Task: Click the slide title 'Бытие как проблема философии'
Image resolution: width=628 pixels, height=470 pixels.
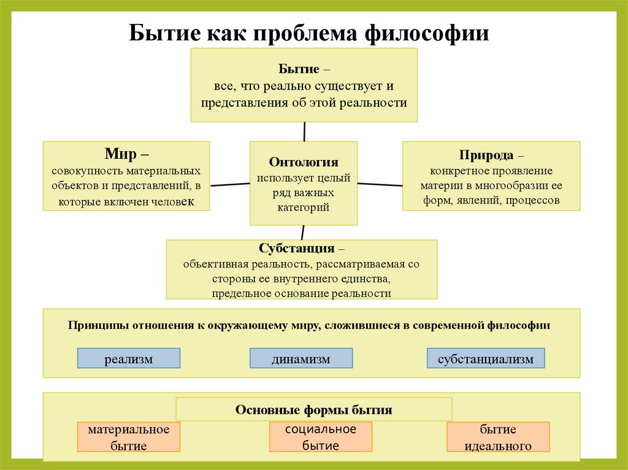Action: coord(309,32)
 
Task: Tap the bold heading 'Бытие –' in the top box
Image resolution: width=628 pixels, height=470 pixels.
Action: coord(304,69)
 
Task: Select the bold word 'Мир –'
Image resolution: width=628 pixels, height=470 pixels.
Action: coord(126,153)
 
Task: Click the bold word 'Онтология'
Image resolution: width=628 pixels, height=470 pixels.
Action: coord(304,162)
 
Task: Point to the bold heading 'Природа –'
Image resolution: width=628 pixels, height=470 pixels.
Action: coord(491,156)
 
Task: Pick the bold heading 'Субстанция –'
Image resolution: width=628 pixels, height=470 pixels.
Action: coord(301,249)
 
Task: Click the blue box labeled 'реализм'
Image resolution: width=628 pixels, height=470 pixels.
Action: coord(129,358)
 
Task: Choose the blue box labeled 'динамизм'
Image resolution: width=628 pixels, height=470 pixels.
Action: coord(301,358)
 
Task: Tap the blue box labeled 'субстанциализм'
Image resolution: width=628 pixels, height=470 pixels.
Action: coord(486,358)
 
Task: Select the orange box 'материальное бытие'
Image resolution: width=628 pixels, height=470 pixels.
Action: coord(129,438)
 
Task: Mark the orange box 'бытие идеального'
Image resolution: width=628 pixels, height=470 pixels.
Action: coord(498,438)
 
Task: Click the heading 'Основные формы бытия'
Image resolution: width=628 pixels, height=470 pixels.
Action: coord(313,409)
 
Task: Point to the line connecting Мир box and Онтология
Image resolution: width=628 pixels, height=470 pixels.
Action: coord(229,184)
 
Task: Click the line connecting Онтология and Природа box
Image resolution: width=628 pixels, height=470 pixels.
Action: coord(380,184)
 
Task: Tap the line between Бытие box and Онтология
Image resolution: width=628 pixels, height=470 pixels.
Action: coord(304,131)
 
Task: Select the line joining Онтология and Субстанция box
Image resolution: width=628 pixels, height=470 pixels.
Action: coord(303,232)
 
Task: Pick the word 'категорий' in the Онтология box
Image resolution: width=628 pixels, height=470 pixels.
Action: coord(304,208)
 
